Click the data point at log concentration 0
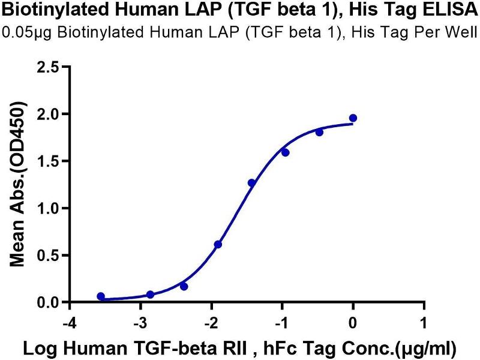click(353, 118)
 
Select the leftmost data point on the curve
click(101, 296)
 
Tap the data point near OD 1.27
click(251, 183)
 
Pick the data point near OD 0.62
click(218, 244)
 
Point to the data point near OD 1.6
click(286, 152)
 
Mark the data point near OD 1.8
click(319, 132)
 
